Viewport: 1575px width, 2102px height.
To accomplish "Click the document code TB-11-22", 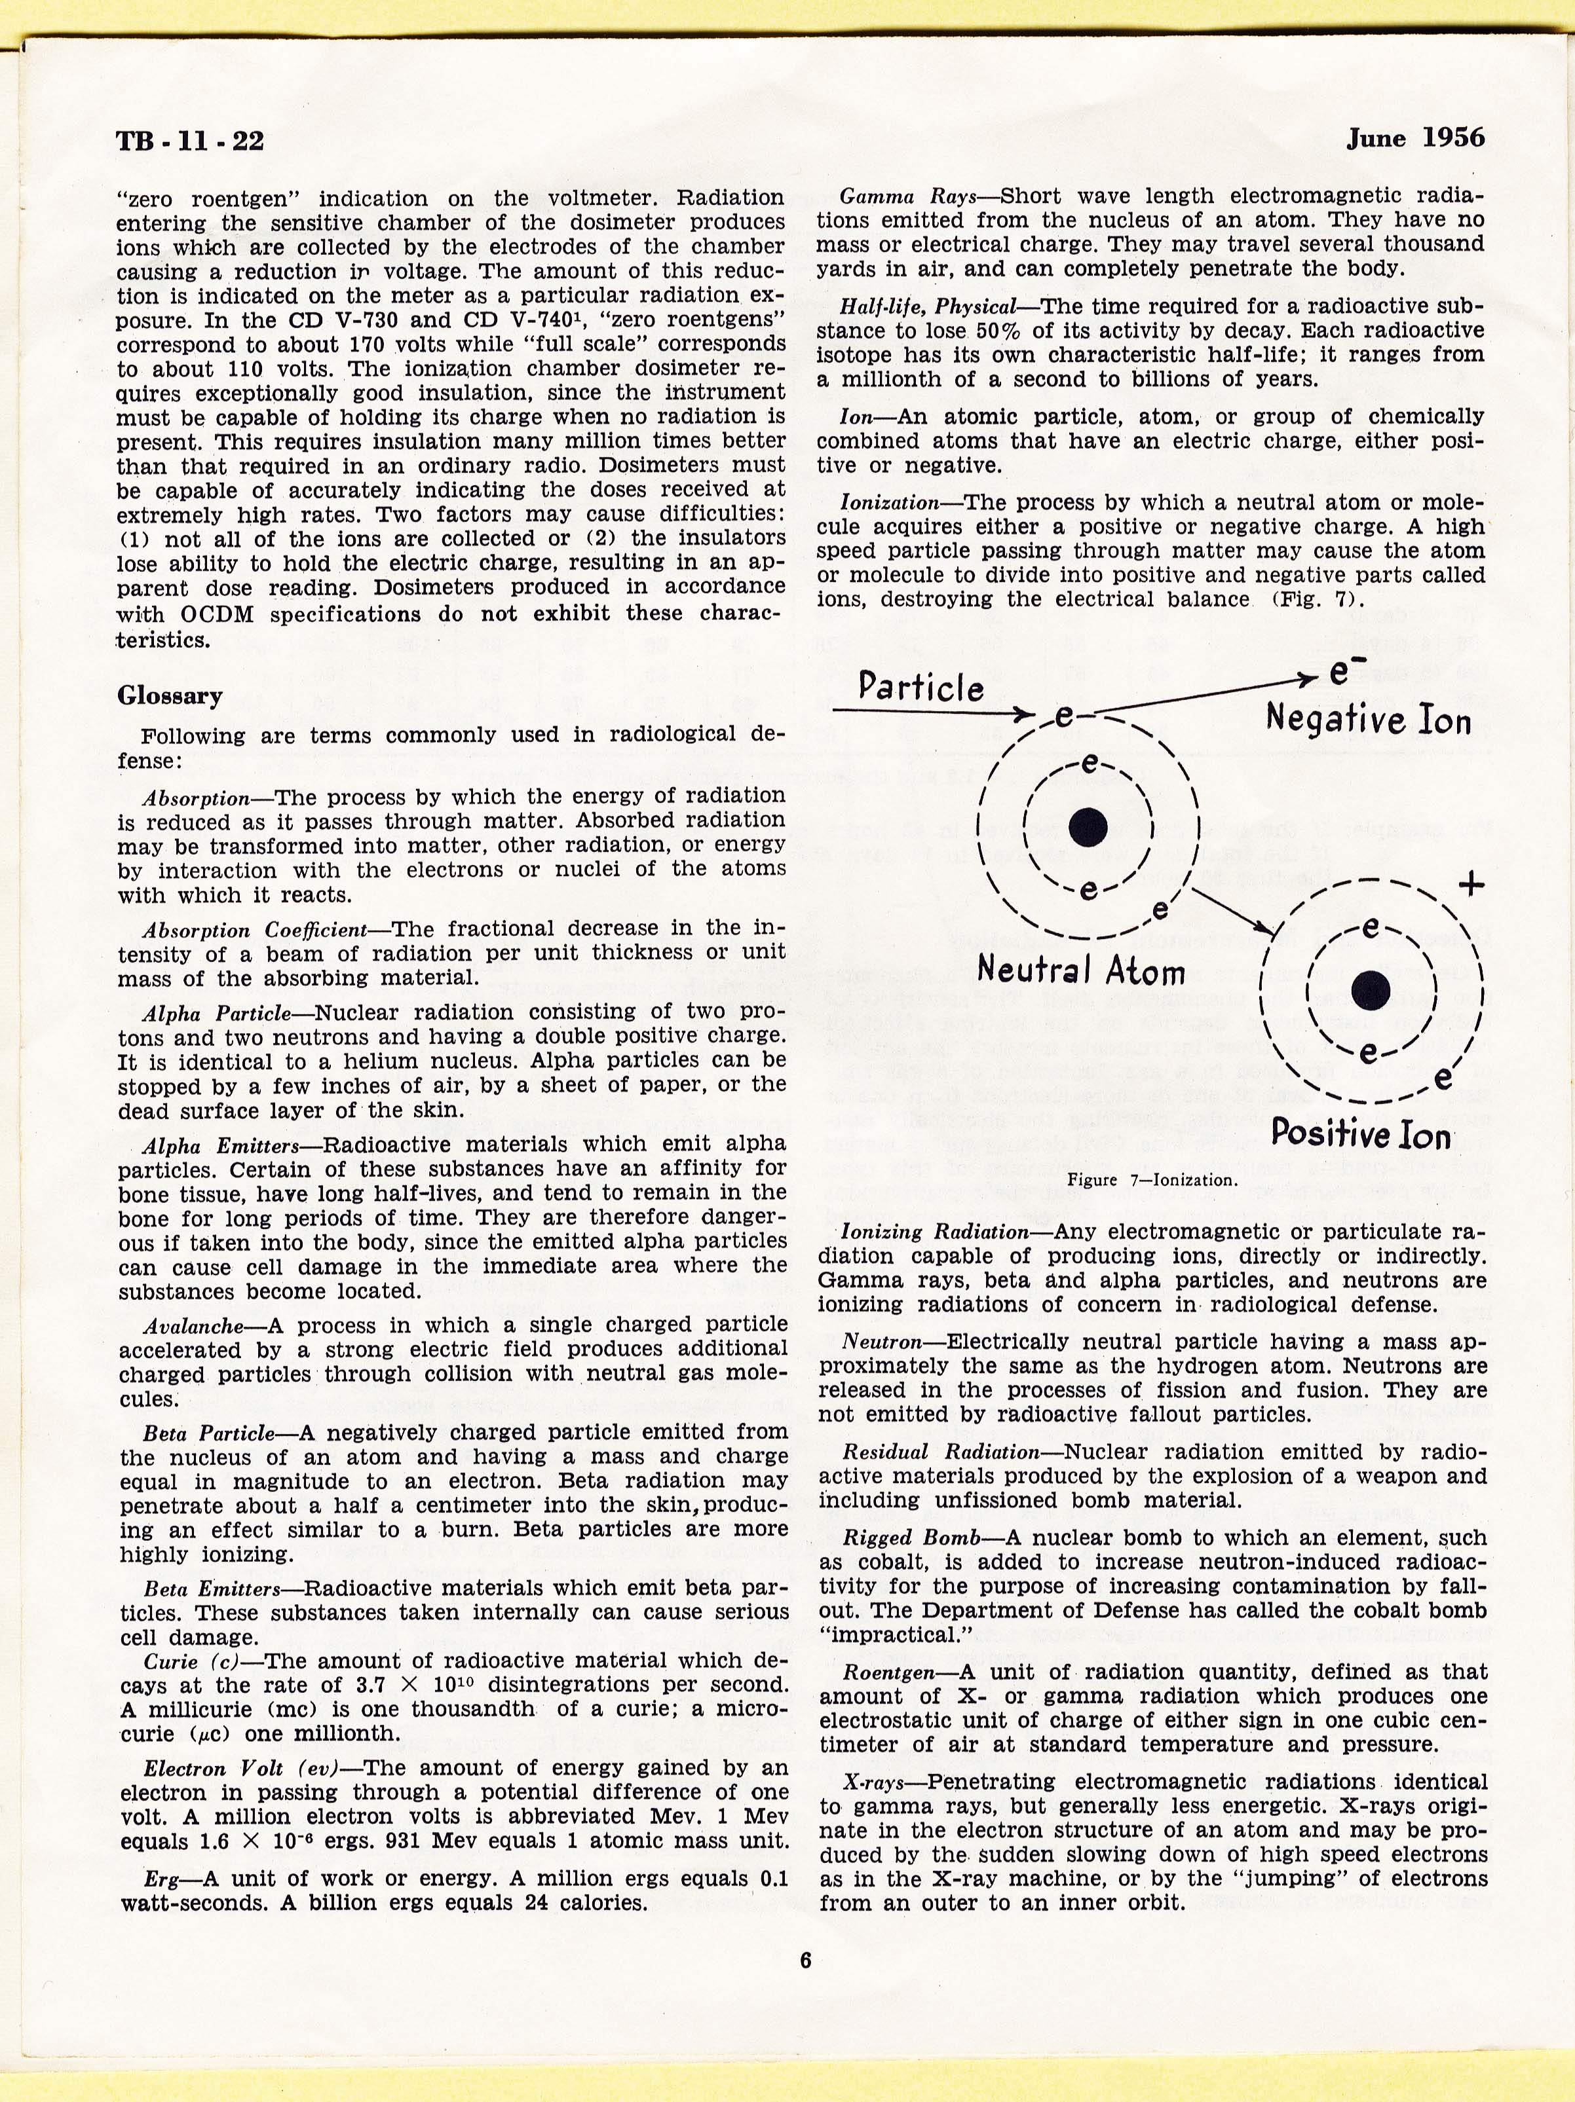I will [189, 141].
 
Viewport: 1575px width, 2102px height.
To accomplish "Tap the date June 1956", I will [1414, 139].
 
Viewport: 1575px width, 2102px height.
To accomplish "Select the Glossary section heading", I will [170, 695].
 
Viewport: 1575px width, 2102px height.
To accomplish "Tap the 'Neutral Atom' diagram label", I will [1081, 970].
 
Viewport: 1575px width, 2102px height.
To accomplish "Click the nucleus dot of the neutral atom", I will [1088, 827].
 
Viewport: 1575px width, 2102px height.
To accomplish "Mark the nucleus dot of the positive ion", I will [1370, 989].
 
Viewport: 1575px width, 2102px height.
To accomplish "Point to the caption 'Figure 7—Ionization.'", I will [1152, 1180].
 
